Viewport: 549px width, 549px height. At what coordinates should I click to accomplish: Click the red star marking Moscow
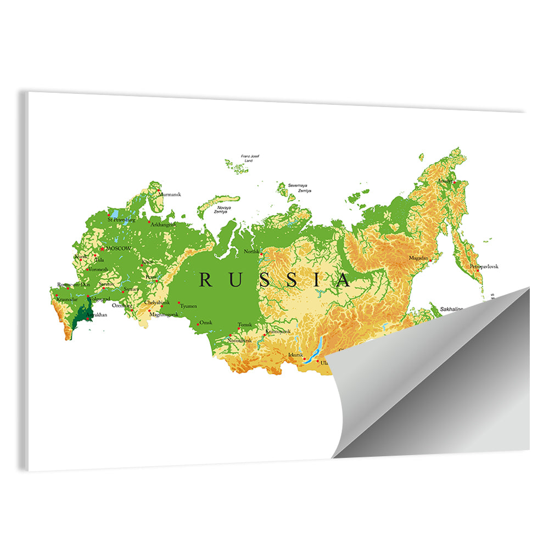click(102, 249)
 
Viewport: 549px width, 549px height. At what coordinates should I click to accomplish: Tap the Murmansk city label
click(169, 194)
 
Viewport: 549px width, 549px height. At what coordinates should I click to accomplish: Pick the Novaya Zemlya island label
click(223, 209)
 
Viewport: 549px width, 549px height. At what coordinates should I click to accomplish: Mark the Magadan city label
click(418, 257)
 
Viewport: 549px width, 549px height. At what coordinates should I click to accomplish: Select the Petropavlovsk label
click(484, 266)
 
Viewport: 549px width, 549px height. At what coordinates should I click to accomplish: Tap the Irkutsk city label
click(295, 355)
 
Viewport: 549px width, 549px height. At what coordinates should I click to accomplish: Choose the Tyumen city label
click(188, 306)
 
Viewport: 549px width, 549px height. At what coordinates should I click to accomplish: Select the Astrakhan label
click(97, 315)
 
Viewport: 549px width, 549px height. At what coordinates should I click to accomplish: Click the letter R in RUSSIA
click(205, 280)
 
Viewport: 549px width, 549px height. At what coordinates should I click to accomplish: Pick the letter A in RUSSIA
click(343, 281)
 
